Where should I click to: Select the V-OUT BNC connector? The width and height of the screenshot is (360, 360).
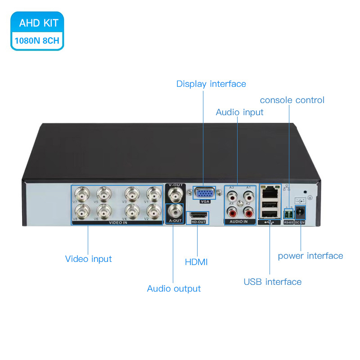pos(175,194)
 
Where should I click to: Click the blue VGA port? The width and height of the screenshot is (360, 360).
pos(205,193)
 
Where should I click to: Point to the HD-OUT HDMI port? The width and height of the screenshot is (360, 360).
pos(198,215)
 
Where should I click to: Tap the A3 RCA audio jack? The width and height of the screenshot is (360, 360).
pos(233,196)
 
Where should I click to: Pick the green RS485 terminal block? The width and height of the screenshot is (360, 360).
pos(288,213)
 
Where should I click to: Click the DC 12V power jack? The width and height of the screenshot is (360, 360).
pos(300,212)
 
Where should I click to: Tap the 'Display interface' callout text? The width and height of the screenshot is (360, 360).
pos(211,84)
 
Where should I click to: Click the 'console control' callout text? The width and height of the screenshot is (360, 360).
pos(292,100)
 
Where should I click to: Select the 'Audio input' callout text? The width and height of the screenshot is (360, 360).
pos(239,112)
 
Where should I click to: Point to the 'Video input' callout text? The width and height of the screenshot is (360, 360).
pos(88,259)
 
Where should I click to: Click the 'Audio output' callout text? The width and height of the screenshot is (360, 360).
pos(174,288)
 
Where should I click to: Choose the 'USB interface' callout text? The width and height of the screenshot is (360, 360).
pos(272,282)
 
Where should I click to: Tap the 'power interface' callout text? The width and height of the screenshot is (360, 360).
pos(310,256)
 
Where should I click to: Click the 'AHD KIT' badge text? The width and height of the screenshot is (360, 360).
pos(39,23)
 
